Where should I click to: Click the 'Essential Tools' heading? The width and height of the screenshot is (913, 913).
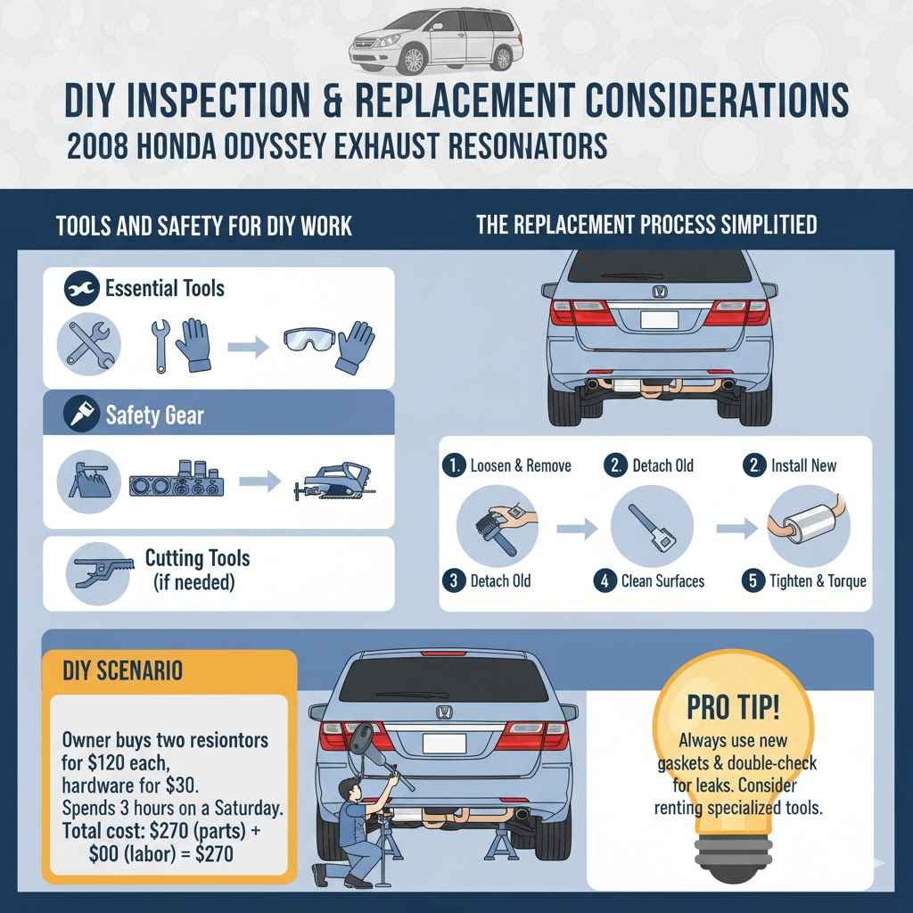tap(164, 288)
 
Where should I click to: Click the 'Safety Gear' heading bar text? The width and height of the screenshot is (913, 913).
tap(153, 415)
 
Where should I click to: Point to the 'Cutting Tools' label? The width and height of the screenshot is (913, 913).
tap(197, 559)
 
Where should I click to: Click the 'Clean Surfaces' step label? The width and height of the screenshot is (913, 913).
tap(662, 581)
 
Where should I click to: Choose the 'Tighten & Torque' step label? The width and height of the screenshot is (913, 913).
tap(818, 581)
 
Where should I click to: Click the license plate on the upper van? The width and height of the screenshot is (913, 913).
tap(659, 320)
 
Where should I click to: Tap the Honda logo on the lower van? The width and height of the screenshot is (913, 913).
tap(443, 712)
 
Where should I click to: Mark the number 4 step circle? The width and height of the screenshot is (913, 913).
tap(605, 581)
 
